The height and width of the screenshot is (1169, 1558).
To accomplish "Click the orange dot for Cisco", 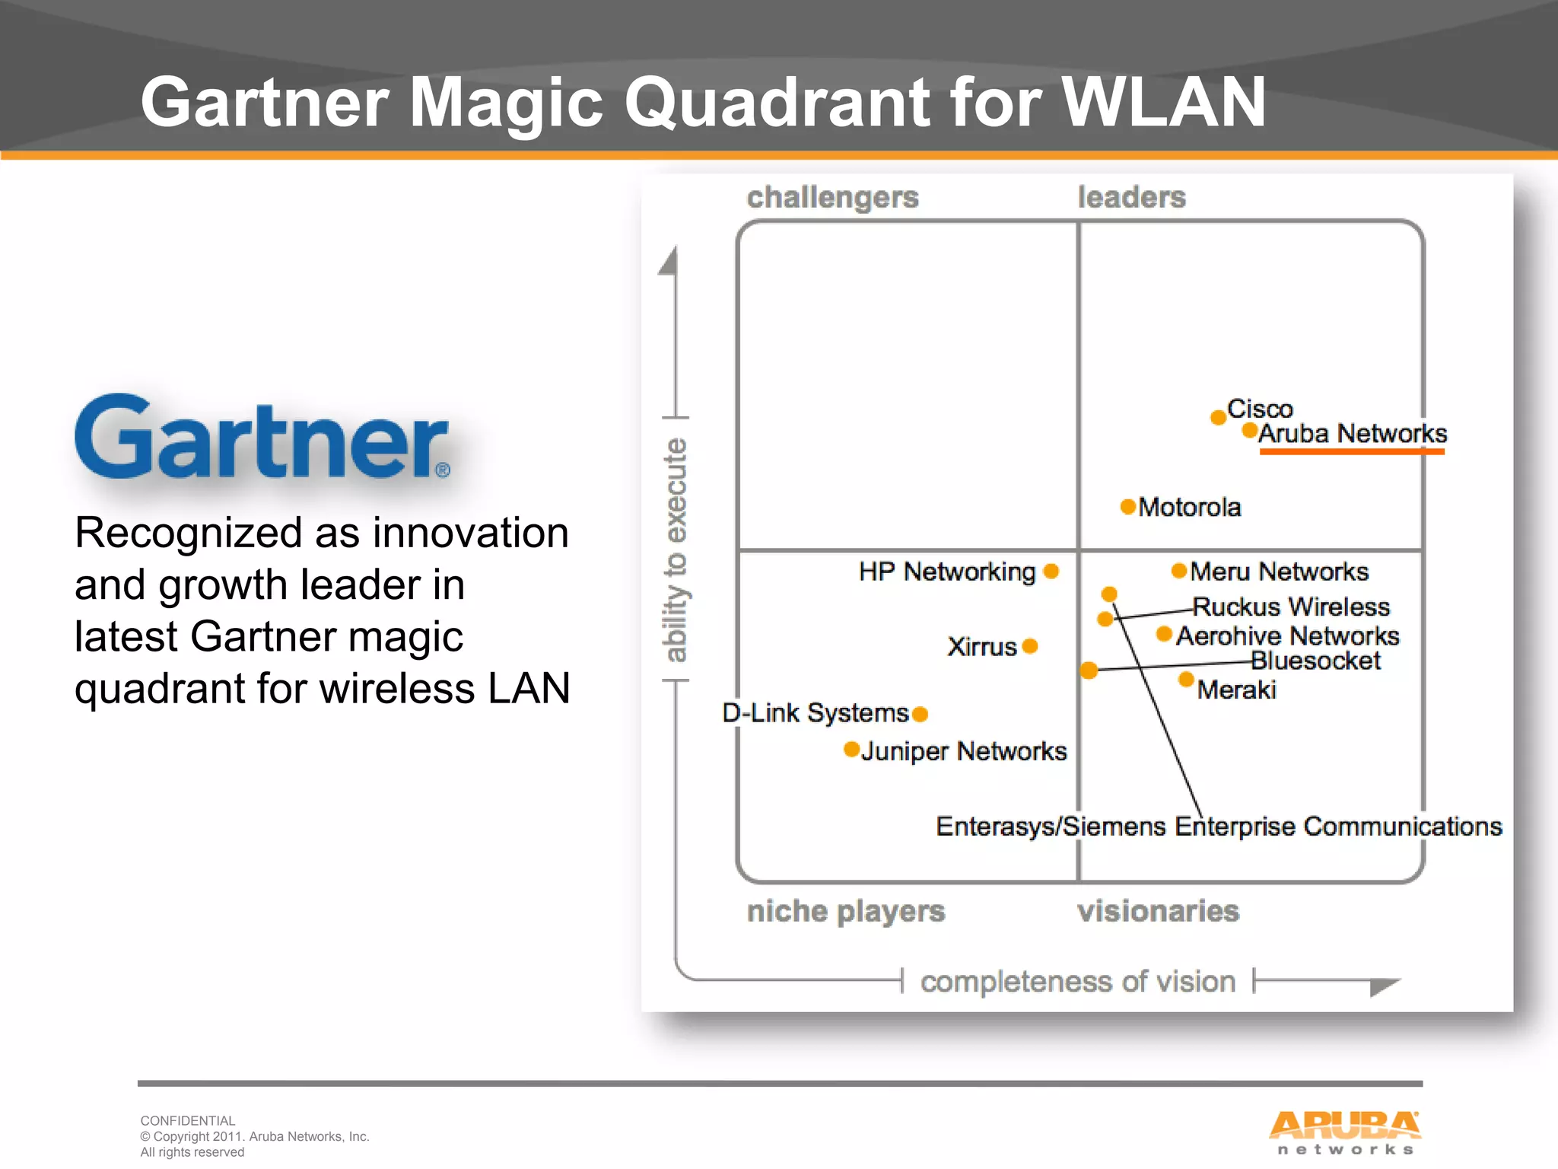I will click(x=1218, y=417).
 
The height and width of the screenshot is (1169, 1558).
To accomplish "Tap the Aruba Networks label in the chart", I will click(x=1352, y=434).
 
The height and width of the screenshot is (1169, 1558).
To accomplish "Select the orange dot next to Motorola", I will click(x=1128, y=507).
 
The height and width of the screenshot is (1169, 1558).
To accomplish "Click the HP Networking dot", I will click(x=1051, y=572).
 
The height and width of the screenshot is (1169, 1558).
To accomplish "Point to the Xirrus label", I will click(x=981, y=647).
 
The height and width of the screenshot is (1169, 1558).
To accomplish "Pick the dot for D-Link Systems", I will click(x=920, y=714).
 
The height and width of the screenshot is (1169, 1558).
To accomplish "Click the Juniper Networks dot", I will click(x=852, y=750).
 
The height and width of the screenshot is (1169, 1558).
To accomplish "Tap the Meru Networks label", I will click(x=1279, y=572).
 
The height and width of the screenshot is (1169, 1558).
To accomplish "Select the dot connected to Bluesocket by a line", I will click(x=1089, y=671).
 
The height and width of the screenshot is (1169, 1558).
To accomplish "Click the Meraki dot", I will click(x=1186, y=679).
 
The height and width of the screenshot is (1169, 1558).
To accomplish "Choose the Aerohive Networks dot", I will click(x=1164, y=634).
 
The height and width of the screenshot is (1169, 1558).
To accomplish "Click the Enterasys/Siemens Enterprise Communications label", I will click(x=1219, y=827).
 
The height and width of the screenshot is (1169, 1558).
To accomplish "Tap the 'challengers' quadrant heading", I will click(x=832, y=197).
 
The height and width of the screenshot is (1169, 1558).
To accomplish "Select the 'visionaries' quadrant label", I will click(x=1158, y=911).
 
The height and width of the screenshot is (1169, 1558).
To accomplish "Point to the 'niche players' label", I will click(x=845, y=911).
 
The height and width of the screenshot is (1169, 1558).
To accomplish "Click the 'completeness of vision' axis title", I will click(x=1077, y=982).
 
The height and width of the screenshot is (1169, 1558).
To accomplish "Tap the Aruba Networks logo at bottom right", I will click(x=1344, y=1132).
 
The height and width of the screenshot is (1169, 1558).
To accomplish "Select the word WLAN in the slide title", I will click(x=1163, y=102).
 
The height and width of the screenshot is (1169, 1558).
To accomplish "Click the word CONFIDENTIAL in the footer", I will click(x=188, y=1120).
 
